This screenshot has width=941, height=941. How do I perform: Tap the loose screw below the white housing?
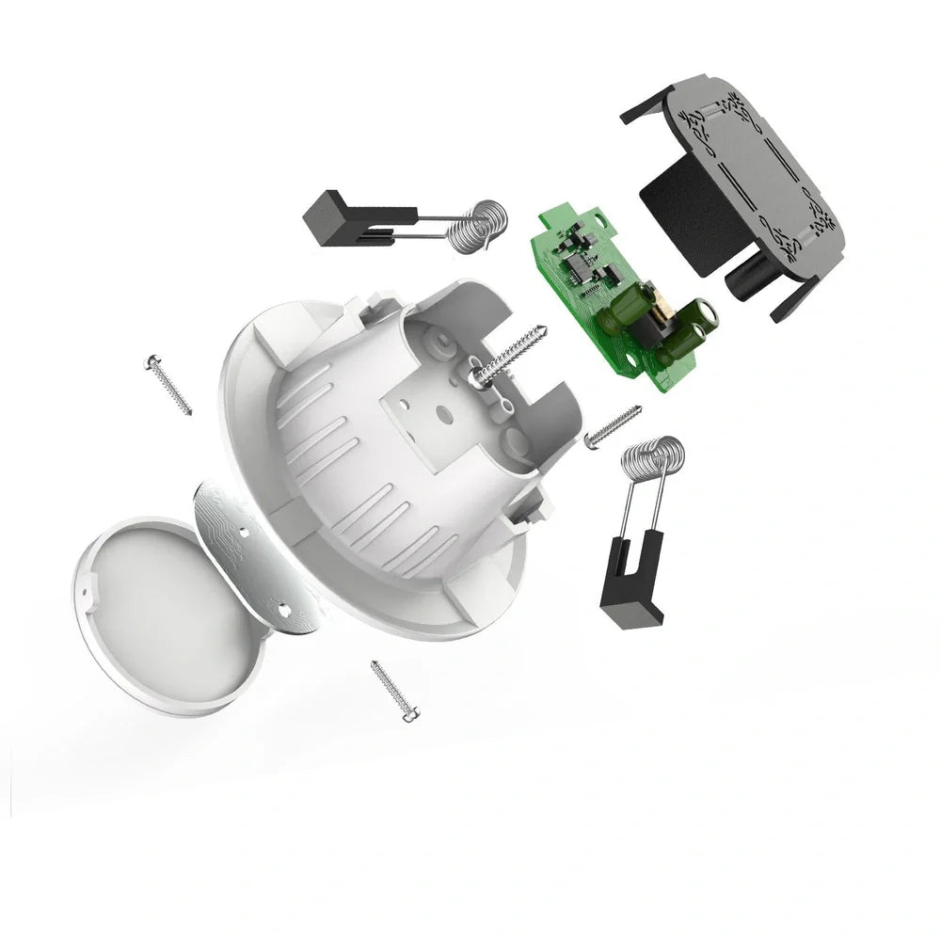pyautogui.click(x=395, y=692)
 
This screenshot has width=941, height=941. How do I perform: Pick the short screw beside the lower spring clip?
pyautogui.click(x=613, y=426)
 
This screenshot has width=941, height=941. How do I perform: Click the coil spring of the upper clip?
pyautogui.click(x=480, y=227)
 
